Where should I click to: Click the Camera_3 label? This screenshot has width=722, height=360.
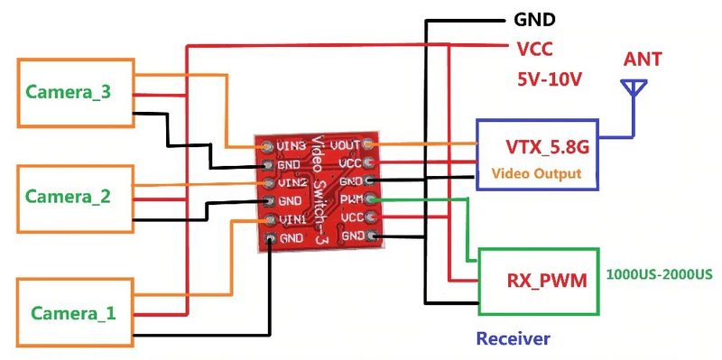point(69,92)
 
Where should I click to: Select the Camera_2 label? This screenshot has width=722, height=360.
point(68,197)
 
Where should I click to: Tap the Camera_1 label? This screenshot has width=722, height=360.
point(73,313)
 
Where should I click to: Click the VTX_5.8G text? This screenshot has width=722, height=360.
point(548,147)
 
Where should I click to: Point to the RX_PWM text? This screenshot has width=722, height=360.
point(547,280)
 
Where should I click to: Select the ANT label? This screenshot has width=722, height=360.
point(643,59)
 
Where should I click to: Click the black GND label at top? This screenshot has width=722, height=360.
point(534,20)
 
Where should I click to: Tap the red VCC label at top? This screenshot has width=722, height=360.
point(534,49)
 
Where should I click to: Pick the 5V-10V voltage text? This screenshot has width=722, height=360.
point(550,79)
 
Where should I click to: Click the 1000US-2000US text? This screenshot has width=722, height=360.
point(660,274)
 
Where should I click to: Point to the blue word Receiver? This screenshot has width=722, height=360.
point(513,339)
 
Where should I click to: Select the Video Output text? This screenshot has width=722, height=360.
point(536,173)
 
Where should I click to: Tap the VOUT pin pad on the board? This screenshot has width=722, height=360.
point(367,144)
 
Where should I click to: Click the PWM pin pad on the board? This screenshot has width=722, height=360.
point(370,199)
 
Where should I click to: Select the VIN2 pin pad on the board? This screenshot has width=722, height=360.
point(268,182)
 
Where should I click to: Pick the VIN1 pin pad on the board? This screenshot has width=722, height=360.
point(269,219)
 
